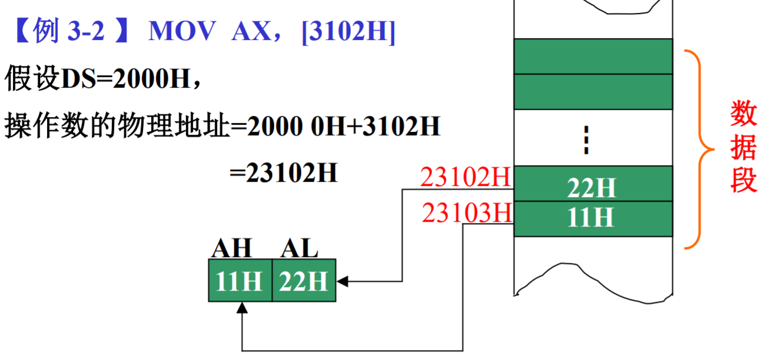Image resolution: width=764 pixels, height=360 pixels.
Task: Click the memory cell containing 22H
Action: pyautogui.click(x=592, y=184)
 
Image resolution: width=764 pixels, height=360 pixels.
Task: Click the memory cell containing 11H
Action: pyautogui.click(x=592, y=219)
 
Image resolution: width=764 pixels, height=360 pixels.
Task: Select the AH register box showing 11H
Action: pyautogui.click(x=240, y=281)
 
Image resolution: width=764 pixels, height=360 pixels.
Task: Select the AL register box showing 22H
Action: pyautogui.click(x=303, y=281)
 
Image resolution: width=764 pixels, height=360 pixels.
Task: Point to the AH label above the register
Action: pyautogui.click(x=232, y=249)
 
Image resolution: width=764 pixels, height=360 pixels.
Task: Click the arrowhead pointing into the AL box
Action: pyautogui.click(x=342, y=282)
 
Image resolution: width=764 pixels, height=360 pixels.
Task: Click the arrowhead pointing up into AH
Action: pyautogui.click(x=242, y=307)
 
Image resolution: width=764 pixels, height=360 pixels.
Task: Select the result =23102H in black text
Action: pyautogui.click(x=284, y=173)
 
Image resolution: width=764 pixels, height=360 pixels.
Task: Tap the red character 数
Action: pyautogui.click(x=743, y=113)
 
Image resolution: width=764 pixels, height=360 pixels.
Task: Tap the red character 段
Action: pyautogui.click(x=743, y=181)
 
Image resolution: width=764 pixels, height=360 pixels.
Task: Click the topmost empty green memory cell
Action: pyautogui.click(x=592, y=56)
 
